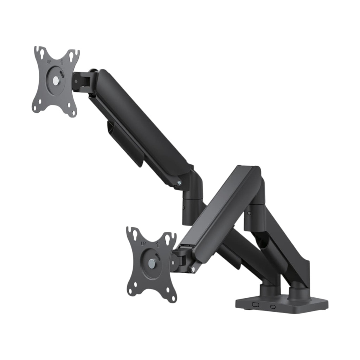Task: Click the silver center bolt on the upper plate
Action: pos(56,81)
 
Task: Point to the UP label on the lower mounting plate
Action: pos(143,243)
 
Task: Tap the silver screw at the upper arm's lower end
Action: pos(180,183)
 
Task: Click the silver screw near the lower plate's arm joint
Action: pos(193,269)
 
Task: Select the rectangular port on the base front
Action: pos(256,304)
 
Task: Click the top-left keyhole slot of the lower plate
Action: pos(134,234)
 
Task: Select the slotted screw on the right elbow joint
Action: pos(249,213)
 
